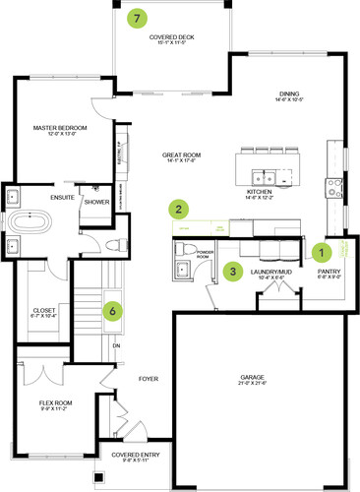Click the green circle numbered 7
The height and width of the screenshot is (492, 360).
[137, 18]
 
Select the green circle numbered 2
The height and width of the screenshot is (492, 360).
[178, 209]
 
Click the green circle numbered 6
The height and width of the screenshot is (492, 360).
[114, 310]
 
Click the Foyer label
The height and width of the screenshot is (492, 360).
[150, 376]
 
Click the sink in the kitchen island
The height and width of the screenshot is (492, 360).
[261, 178]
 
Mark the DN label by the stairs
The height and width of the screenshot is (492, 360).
[114, 345]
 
